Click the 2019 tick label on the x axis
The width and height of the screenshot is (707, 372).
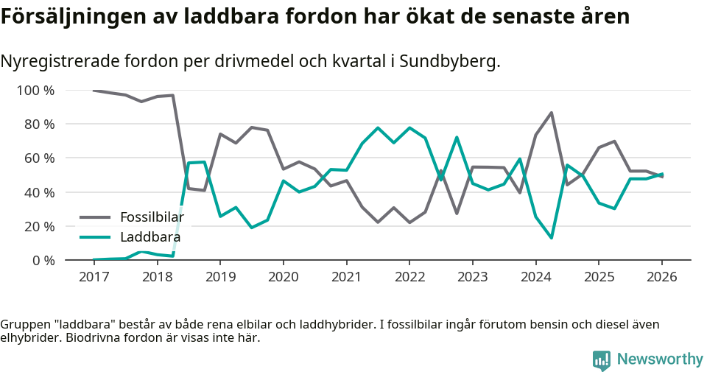pos(219,277)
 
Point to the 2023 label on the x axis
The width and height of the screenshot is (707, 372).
pos(472,277)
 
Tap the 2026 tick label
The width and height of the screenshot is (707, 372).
pos(661,277)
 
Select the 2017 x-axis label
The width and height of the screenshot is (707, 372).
pos(94,277)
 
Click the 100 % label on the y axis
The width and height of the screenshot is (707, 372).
pos(36,91)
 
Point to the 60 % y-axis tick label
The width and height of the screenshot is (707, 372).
pos(40,158)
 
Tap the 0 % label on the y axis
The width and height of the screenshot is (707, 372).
pos(43,260)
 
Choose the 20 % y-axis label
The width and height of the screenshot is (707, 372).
pos(40,226)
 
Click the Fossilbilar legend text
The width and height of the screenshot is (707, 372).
pos(152,217)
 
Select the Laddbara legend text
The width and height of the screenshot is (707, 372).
pos(150,237)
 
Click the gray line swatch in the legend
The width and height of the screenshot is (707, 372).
pos(95,217)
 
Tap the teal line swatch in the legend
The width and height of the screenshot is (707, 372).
pos(95,237)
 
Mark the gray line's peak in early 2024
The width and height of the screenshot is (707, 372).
pos(551,113)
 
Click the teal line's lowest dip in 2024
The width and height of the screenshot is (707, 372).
pos(551,238)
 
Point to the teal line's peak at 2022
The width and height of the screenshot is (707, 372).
pos(409,128)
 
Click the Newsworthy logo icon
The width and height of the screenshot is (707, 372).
pos(601,359)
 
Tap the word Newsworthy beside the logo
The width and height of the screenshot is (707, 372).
pos(660,359)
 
